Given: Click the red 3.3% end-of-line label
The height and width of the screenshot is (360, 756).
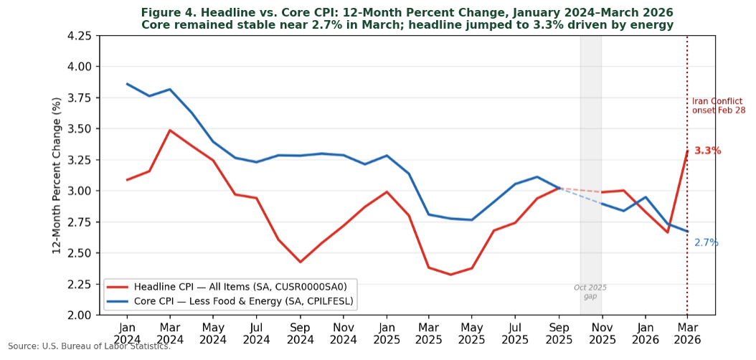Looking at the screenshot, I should (x=707, y=151).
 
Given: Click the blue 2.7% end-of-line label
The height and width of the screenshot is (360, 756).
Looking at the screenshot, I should (x=706, y=243).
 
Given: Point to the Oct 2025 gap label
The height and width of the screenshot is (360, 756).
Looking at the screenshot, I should (x=590, y=292).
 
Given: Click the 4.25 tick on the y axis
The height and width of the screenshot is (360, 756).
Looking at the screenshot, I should (x=79, y=36).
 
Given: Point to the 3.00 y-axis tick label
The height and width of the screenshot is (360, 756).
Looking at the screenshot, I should (x=79, y=191).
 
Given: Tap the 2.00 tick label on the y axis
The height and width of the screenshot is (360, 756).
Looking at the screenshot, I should (x=79, y=315).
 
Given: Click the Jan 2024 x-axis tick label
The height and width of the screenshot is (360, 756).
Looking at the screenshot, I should (x=127, y=332).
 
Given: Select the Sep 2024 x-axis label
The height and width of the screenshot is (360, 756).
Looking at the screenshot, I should (x=300, y=332).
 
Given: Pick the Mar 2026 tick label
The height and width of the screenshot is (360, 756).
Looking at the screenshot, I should (x=687, y=332).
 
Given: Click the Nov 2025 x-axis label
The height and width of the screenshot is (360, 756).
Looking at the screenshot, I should (x=602, y=332).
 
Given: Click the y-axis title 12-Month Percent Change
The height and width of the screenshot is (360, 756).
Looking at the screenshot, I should (x=57, y=176).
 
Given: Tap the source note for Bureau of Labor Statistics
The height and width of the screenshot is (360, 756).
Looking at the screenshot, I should (x=89, y=346).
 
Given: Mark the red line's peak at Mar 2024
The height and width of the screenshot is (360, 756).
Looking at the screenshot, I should (x=170, y=131).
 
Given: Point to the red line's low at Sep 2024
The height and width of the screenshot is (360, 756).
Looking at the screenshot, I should (x=300, y=262).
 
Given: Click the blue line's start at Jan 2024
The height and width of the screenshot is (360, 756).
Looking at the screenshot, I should (x=127, y=84).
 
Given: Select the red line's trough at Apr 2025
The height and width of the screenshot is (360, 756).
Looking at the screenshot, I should (x=450, y=275).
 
